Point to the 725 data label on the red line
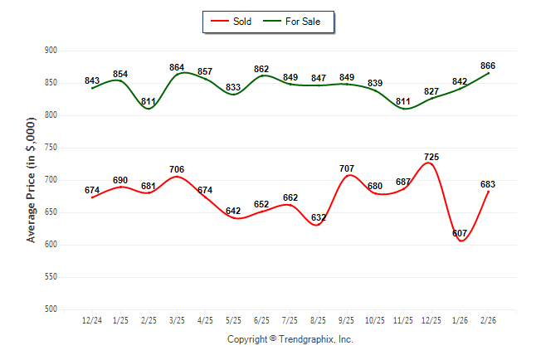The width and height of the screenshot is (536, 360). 431,157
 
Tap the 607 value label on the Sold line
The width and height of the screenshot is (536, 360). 460,233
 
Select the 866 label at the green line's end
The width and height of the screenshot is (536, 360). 488,65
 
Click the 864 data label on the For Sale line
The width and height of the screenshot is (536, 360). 177,66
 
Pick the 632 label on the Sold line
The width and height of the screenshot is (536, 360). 318,218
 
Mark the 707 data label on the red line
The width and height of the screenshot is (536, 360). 347,168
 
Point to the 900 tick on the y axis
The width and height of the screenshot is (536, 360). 50,51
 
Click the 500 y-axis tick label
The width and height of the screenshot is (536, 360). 50,309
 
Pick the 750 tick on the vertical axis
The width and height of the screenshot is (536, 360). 50,148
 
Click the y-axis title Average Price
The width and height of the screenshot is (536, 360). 32,179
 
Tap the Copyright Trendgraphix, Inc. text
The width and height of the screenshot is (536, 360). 290,339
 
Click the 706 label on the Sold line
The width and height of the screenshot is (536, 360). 177,169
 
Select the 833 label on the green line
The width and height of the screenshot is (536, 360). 233,87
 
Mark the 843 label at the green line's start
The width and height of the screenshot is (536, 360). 92,80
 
